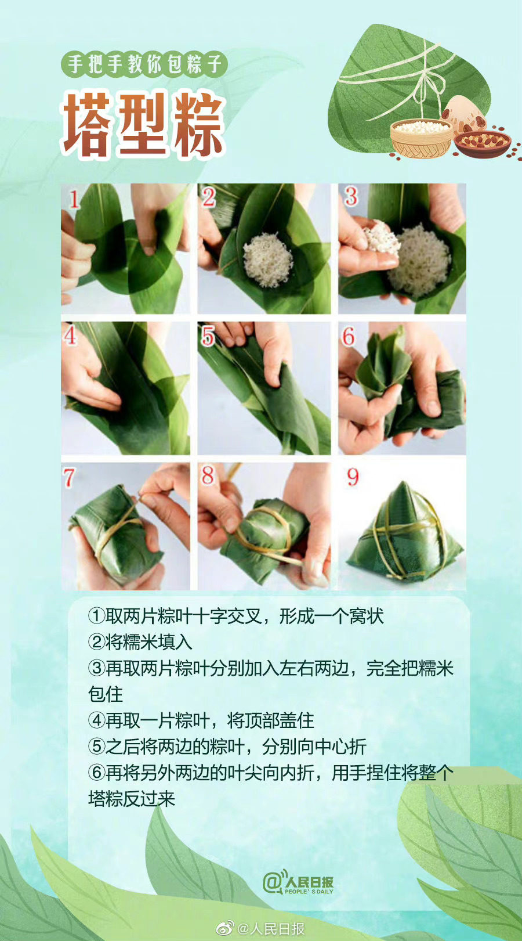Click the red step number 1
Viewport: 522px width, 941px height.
click(74, 199)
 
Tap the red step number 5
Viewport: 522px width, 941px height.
click(208, 336)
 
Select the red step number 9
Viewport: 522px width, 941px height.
click(353, 477)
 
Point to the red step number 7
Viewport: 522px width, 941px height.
click(69, 478)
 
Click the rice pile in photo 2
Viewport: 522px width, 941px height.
click(267, 259)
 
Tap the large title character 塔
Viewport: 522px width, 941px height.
click(87, 125)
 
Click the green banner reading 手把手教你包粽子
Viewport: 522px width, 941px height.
click(144, 64)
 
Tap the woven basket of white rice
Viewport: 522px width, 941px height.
click(420, 138)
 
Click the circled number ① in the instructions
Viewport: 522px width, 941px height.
click(96, 616)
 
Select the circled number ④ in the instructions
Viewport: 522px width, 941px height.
click(96, 720)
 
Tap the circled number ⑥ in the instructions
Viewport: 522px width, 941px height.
click(96, 773)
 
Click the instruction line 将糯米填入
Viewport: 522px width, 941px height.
click(148, 642)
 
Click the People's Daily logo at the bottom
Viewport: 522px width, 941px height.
click(298, 883)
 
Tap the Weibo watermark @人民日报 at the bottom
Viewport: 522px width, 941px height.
click(261, 928)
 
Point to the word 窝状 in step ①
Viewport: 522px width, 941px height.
click(366, 616)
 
